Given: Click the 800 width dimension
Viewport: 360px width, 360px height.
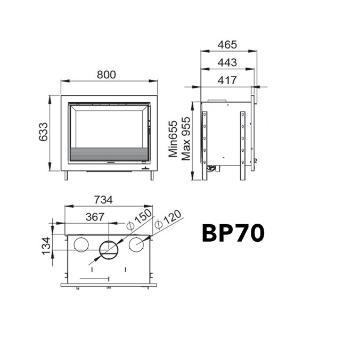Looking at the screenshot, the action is (x=107, y=75).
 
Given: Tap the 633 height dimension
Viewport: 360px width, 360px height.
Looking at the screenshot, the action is (x=43, y=132).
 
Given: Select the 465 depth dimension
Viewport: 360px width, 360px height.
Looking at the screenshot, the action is (x=227, y=45).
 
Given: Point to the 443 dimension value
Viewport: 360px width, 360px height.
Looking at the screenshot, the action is (x=227, y=62).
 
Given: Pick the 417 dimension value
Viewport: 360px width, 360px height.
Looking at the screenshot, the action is (x=227, y=80).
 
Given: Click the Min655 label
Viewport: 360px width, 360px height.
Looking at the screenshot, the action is (x=173, y=139).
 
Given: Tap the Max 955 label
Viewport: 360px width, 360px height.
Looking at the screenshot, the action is (x=186, y=139).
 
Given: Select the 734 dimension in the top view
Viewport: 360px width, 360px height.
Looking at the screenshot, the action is (x=103, y=200).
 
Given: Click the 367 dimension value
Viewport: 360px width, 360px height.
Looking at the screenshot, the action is (x=95, y=217).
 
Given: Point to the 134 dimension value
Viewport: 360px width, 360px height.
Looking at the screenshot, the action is (x=46, y=246).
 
